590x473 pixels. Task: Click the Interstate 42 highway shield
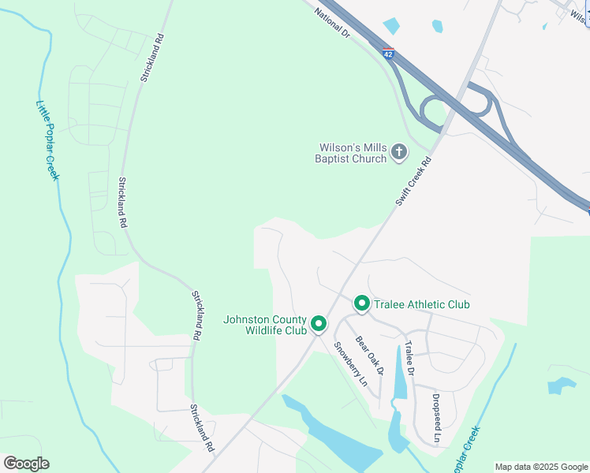tap(388, 53)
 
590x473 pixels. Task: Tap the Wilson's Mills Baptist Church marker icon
tap(399, 151)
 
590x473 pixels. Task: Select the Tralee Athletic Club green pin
tap(362, 303)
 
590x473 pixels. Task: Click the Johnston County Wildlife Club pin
tap(319, 323)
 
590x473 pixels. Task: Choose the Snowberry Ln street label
tap(351, 363)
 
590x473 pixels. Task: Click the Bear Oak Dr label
tap(369, 356)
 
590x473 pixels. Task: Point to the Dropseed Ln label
tap(436, 419)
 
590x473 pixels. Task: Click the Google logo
tap(26, 464)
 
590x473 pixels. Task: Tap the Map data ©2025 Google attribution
tap(541, 467)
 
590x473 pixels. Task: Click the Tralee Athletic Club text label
tap(422, 304)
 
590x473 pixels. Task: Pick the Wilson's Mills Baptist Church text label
tap(353, 153)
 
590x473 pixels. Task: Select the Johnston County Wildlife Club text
tap(265, 325)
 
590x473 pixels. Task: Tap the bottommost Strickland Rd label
tap(202, 428)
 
